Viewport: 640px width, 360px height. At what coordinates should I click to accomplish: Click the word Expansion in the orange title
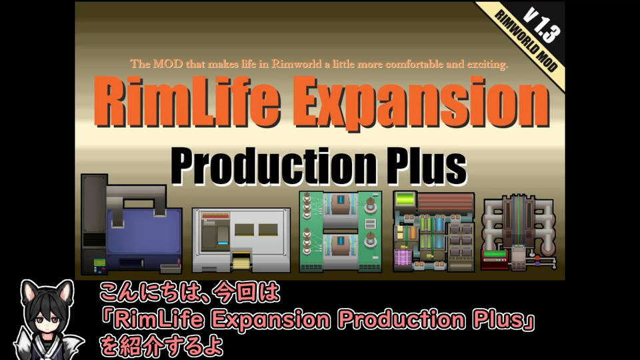(x=421, y=104)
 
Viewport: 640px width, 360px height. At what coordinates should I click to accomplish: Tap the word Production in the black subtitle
(x=273, y=166)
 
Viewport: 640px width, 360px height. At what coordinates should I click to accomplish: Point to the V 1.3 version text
(x=541, y=25)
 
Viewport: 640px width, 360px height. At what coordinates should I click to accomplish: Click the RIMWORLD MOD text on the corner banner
(x=526, y=41)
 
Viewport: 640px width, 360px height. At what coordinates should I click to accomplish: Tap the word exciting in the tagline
(x=487, y=65)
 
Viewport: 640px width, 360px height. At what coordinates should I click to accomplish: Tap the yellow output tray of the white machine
(x=242, y=261)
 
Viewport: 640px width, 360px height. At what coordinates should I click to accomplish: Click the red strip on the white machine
(x=215, y=215)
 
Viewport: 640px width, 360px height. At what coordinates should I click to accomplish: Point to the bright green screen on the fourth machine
(x=405, y=200)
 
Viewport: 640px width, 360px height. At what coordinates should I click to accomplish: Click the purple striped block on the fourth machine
(x=403, y=258)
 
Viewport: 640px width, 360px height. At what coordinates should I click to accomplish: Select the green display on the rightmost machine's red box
(x=495, y=254)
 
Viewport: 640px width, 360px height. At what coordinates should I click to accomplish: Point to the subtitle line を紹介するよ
(x=161, y=346)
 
